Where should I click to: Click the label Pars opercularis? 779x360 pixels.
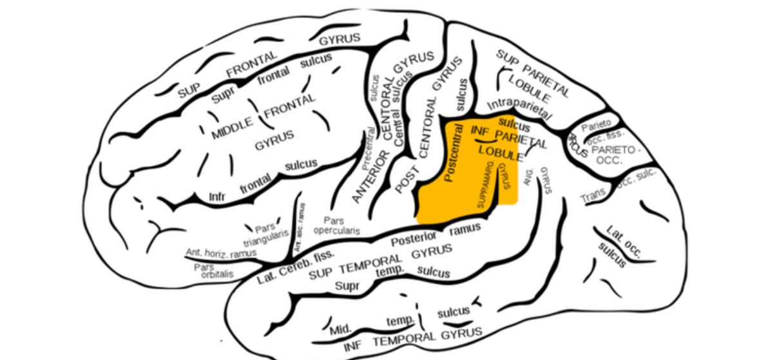click(x=334, y=225)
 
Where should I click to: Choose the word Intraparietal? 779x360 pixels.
click(x=519, y=109)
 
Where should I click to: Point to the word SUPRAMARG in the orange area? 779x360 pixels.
click(x=486, y=185)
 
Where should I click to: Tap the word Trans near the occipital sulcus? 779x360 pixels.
click(x=593, y=196)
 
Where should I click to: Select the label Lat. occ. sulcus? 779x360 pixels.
click(x=620, y=244)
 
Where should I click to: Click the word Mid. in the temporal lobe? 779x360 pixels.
click(x=341, y=330)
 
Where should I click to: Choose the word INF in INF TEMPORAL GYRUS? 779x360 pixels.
click(x=353, y=345)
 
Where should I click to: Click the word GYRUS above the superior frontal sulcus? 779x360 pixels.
click(x=340, y=39)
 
